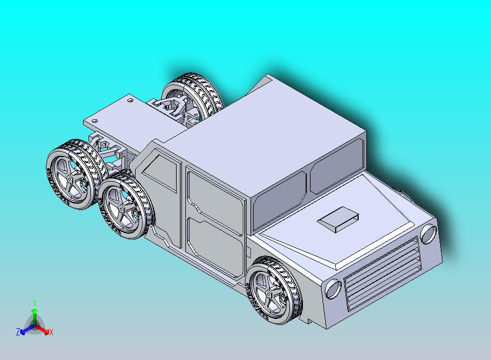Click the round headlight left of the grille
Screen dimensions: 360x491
333,288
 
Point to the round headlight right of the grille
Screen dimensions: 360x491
428,234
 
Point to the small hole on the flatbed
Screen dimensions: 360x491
130,100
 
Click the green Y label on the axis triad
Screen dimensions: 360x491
34,302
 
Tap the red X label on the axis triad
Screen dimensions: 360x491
51,332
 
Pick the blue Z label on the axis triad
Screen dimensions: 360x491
18,332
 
